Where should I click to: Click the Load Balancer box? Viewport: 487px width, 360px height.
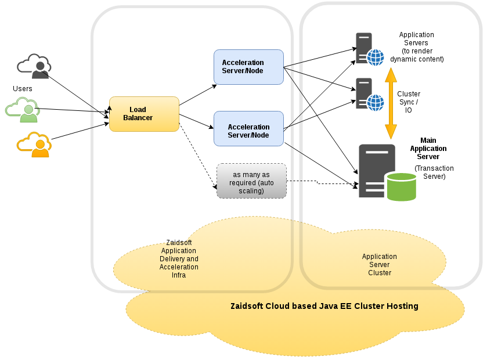[144, 114]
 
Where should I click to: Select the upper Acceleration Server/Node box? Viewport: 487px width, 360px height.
[248, 67]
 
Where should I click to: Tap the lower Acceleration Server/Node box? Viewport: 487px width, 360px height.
[248, 128]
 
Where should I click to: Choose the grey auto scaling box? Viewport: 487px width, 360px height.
[251, 181]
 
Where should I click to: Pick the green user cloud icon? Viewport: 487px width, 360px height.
[23, 110]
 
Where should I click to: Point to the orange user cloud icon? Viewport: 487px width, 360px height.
[34, 145]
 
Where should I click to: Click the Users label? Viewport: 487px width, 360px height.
[23, 89]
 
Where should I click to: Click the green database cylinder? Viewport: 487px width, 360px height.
[401, 186]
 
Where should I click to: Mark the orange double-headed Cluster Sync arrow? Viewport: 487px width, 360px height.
[391, 103]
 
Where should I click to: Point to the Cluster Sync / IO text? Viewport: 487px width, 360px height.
[409, 102]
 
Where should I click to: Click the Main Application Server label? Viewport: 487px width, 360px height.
[428, 149]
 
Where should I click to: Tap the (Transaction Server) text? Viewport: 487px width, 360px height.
[434, 172]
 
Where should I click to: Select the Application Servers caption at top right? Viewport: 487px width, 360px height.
[417, 47]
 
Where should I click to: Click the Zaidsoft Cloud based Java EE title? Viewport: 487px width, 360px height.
[324, 306]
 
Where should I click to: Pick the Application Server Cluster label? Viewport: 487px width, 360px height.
[380, 264]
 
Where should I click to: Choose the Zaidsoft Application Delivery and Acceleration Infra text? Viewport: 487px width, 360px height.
[179, 259]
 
